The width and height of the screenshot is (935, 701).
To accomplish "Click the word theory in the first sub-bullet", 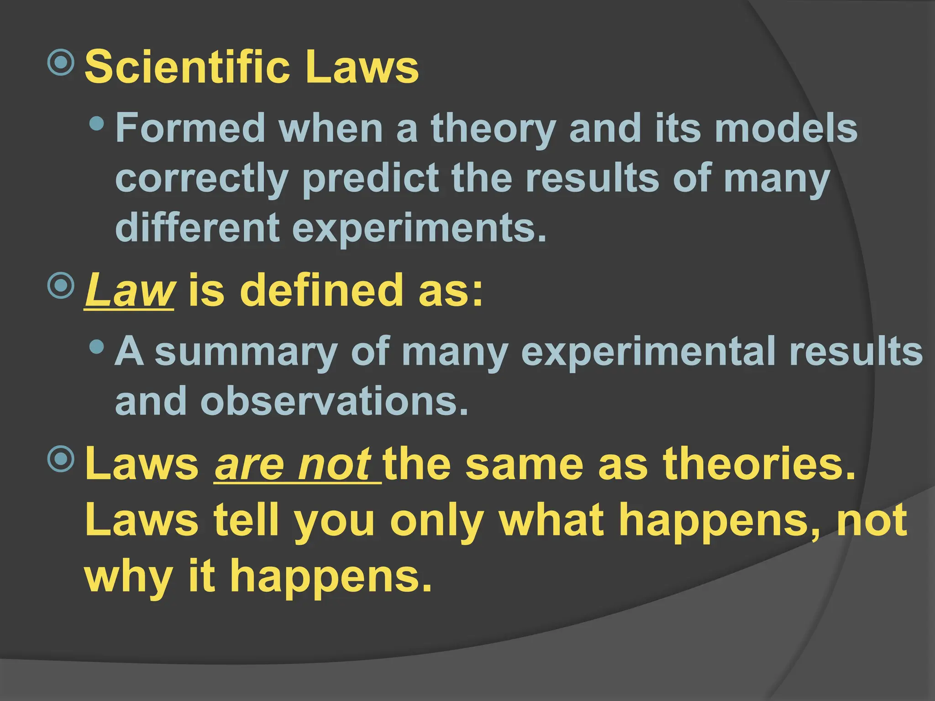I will (x=494, y=130).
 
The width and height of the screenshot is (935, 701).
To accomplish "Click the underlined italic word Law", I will (x=129, y=290).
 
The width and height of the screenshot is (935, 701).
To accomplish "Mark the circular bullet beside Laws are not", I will (x=61, y=459).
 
